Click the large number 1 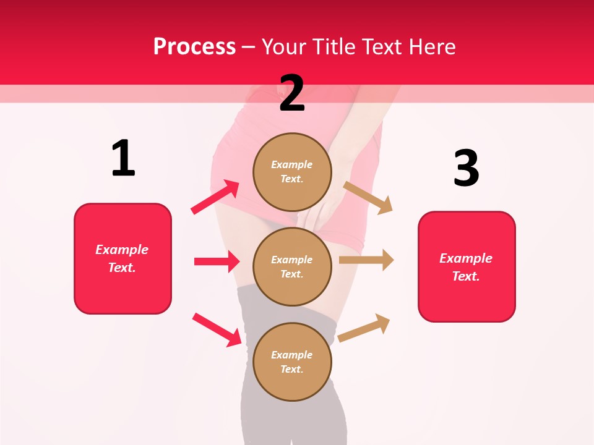(123, 158)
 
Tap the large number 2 (292, 93)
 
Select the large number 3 (466, 168)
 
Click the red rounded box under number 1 (123, 258)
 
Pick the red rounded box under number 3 (467, 267)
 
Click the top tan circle (292, 172)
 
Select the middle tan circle (292, 267)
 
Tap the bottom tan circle (292, 362)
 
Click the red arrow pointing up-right (215, 197)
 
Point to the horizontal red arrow (217, 261)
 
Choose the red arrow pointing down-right (217, 329)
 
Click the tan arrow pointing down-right (368, 197)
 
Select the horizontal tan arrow (366, 260)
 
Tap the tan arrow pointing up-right (364, 328)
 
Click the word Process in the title (194, 46)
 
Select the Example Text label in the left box (122, 258)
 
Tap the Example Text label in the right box (466, 267)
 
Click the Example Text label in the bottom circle (292, 362)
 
